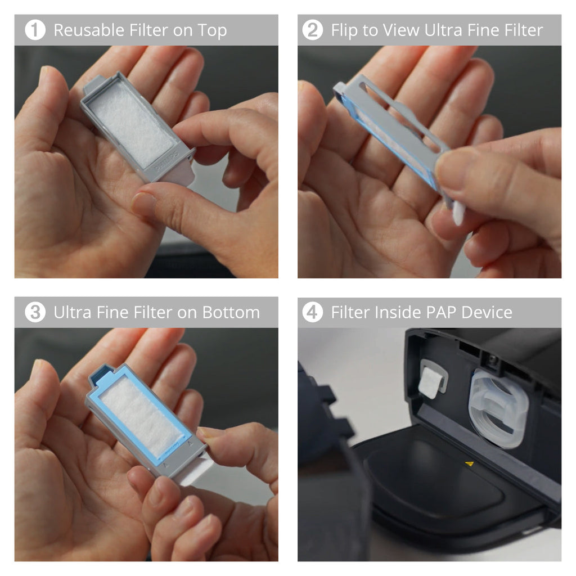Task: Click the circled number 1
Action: [35, 30]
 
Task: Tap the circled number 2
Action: [313, 30]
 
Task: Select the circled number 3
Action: [35, 312]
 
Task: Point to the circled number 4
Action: [313, 312]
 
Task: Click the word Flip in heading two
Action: [344, 30]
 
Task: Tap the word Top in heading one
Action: [211, 30]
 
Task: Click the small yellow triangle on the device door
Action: [470, 464]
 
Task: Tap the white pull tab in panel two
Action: [458, 213]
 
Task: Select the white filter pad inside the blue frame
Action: [141, 410]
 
